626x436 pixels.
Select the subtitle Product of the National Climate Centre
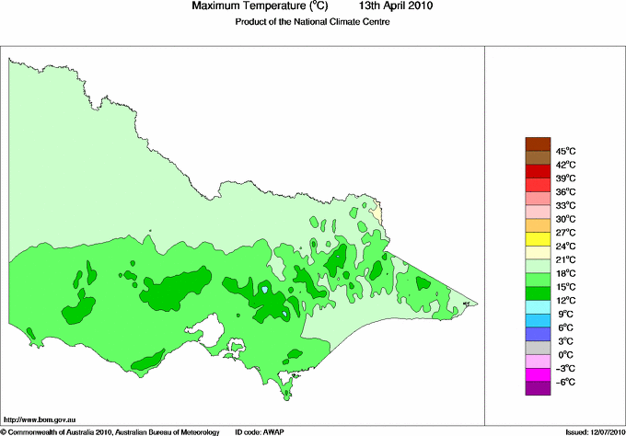313,21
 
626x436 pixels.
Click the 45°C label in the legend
564,151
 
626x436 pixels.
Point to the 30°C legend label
564,219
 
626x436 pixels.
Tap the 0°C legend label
564,355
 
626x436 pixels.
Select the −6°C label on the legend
564,382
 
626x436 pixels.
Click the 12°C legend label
564,301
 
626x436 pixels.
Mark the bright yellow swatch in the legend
537,239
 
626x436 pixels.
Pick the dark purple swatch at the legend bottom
537,389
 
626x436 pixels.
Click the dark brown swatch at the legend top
537,143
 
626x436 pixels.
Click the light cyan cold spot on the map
265,290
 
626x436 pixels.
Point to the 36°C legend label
564,191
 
